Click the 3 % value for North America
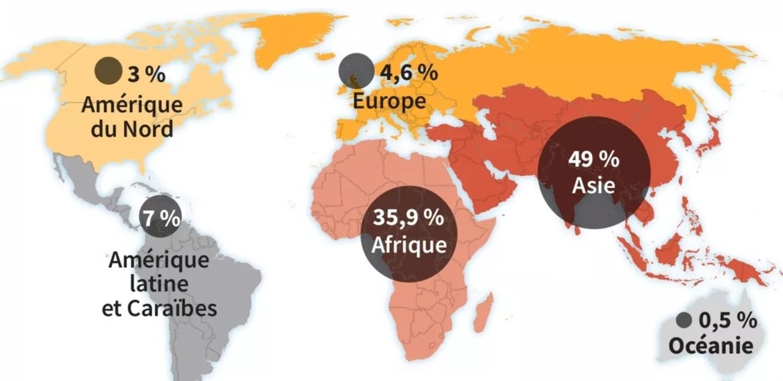pyautogui.click(x=147, y=72)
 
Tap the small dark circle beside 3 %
pyautogui.click(x=108, y=69)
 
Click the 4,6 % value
pyautogui.click(x=409, y=71)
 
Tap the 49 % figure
pyautogui.click(x=594, y=159)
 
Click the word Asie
pyautogui.click(x=594, y=186)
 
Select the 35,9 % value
pyautogui.click(x=408, y=217)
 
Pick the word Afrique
pyautogui.click(x=408, y=246)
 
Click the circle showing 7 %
pyautogui.click(x=160, y=217)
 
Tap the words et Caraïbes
pyautogui.click(x=159, y=308)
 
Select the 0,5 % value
pyautogui.click(x=727, y=320)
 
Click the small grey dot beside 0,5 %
pyautogui.click(x=684, y=320)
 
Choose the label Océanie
pyautogui.click(x=710, y=345)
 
